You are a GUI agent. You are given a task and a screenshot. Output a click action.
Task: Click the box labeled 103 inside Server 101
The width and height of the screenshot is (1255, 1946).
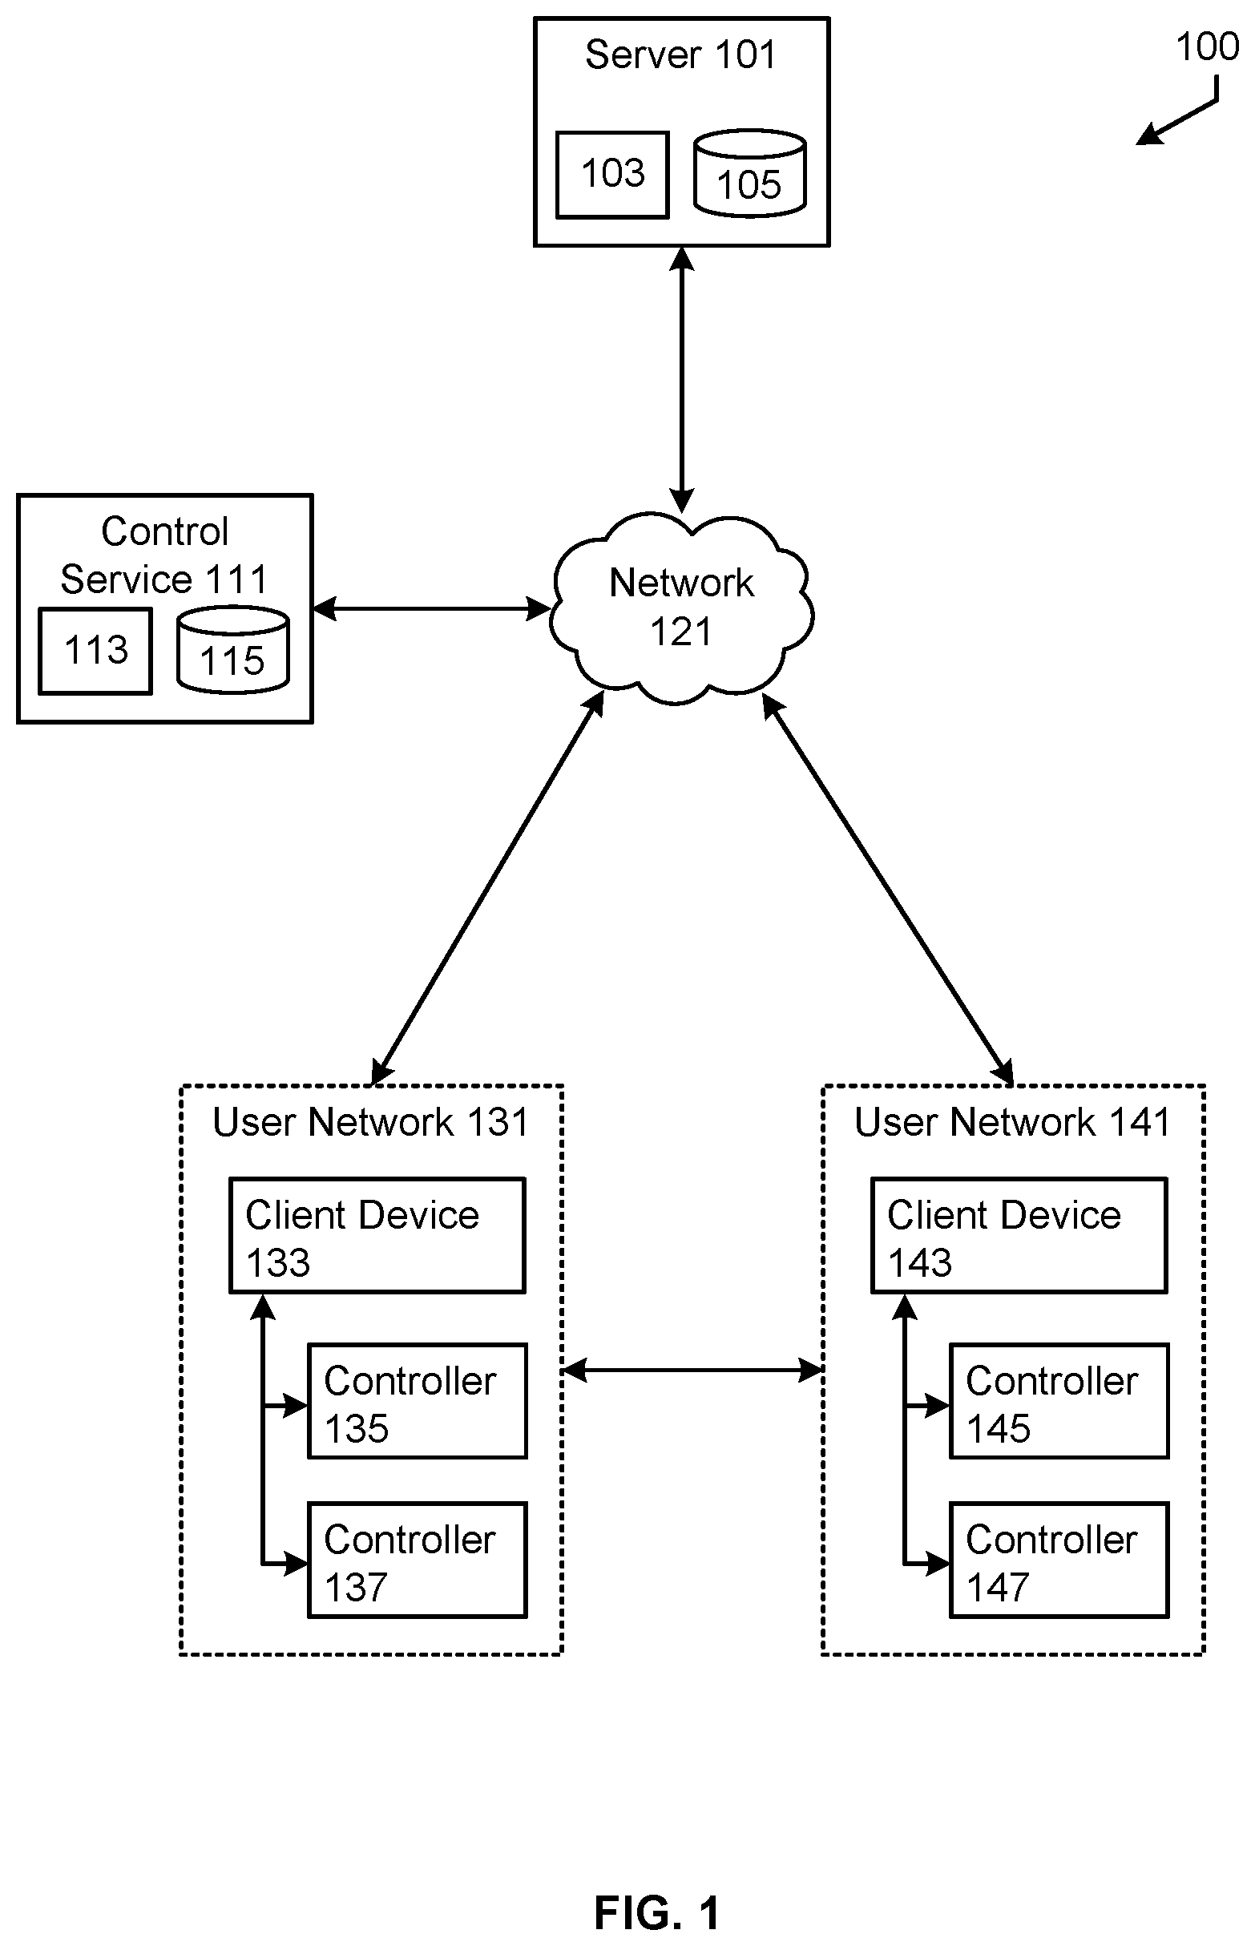click(x=612, y=175)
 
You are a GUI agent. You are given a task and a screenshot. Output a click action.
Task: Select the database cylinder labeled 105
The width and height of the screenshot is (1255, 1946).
click(x=750, y=173)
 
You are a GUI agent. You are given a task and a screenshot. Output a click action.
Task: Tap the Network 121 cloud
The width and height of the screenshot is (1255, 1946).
click(x=681, y=607)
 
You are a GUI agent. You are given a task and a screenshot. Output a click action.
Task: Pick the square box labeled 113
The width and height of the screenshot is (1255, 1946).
click(x=95, y=651)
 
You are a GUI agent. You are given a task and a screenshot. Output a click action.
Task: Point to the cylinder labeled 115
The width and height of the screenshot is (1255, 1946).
click(x=233, y=649)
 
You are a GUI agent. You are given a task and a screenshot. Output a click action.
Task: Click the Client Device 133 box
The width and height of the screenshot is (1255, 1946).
click(x=377, y=1235)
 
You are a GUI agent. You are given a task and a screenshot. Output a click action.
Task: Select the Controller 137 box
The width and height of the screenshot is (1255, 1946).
click(x=418, y=1560)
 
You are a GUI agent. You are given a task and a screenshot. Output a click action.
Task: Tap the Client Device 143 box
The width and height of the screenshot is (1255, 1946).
click(x=1019, y=1235)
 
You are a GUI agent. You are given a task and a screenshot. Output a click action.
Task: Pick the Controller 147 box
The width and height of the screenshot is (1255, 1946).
click(x=1059, y=1560)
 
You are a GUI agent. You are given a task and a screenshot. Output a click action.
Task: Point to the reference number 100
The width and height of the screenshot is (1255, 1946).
click(x=1207, y=47)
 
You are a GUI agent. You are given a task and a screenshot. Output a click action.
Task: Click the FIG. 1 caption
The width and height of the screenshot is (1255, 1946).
click(x=657, y=1912)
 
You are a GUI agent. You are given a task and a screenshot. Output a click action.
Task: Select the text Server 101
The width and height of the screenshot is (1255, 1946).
click(x=680, y=55)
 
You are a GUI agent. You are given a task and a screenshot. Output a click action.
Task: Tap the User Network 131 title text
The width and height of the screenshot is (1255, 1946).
click(x=371, y=1122)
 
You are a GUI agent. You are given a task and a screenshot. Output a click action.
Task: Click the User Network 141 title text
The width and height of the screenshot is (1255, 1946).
click(x=1012, y=1122)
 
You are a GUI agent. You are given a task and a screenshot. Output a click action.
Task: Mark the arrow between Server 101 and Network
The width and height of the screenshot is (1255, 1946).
click(x=681, y=380)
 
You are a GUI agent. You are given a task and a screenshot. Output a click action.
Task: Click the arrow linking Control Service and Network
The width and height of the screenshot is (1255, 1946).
click(x=432, y=609)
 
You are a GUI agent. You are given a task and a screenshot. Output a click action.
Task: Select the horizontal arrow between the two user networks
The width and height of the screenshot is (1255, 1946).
click(x=692, y=1371)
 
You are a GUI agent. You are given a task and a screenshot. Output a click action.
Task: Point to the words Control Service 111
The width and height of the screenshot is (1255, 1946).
click(x=164, y=555)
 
